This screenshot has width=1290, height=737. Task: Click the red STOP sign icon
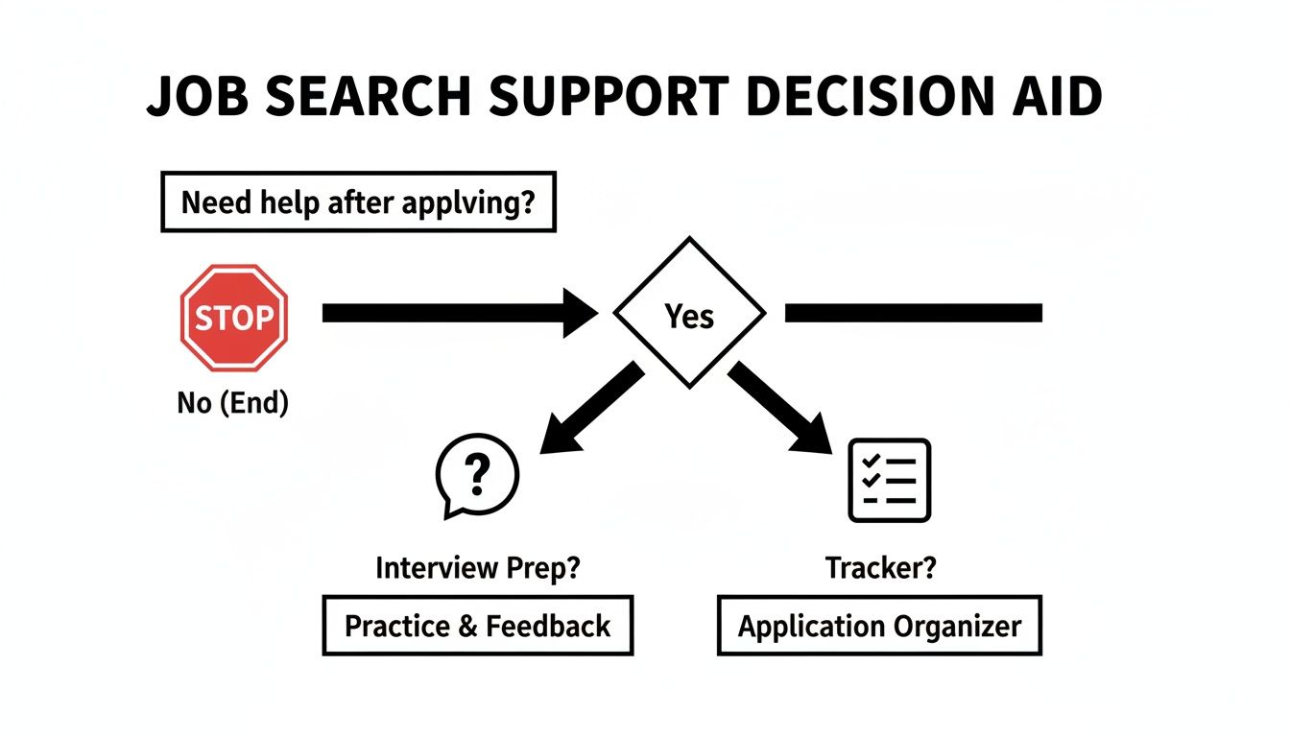coord(234,318)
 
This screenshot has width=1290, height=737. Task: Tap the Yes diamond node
coord(689,314)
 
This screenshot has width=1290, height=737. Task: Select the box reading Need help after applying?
coord(357,202)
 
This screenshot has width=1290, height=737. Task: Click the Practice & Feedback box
coord(477,626)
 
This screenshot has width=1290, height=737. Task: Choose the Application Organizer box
coord(879,626)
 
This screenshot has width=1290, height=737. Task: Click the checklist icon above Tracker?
coord(890,480)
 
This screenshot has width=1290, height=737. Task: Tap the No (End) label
coord(233,402)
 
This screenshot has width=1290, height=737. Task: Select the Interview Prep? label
coord(477,568)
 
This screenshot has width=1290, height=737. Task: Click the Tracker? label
coord(880,568)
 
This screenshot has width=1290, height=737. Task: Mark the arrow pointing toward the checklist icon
coord(778,407)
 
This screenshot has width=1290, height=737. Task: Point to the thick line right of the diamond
coord(913,313)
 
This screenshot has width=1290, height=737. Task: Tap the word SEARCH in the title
coord(389,97)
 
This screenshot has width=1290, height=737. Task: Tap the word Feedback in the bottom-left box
coord(548,626)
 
